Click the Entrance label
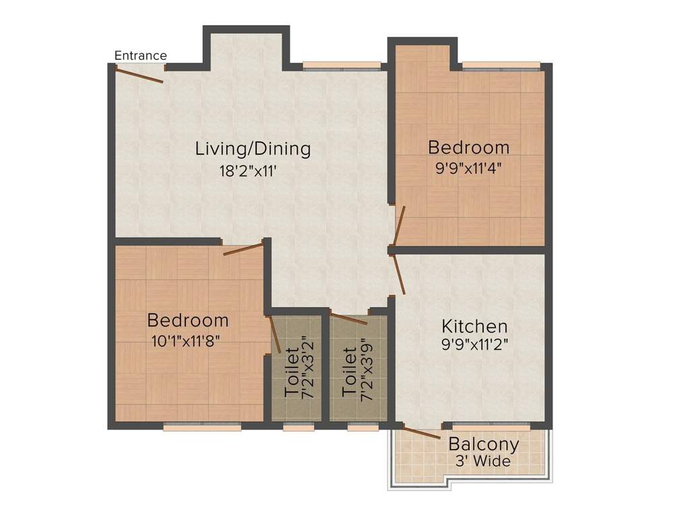140,55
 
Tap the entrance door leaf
139,74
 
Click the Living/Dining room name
253,148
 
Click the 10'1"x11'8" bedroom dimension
187,341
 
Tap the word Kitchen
474,326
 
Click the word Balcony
484,444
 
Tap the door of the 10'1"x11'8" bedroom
243,249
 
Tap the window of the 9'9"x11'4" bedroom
501,65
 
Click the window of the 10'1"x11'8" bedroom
202,426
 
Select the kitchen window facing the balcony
491,425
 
